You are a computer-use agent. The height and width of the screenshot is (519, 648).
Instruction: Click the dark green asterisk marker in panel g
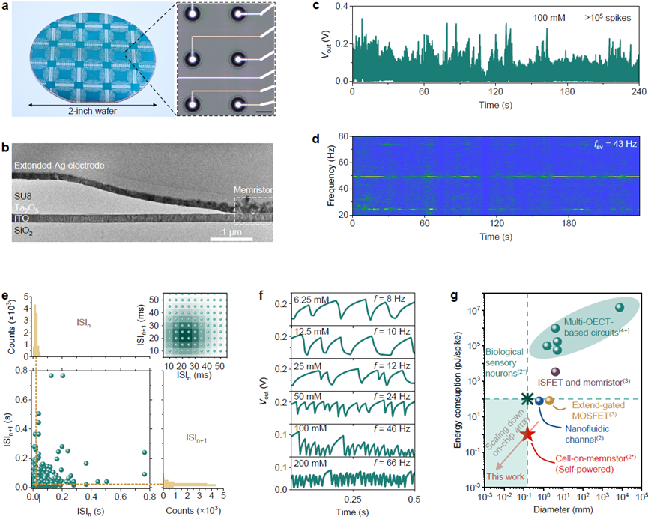[x=528, y=400]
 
